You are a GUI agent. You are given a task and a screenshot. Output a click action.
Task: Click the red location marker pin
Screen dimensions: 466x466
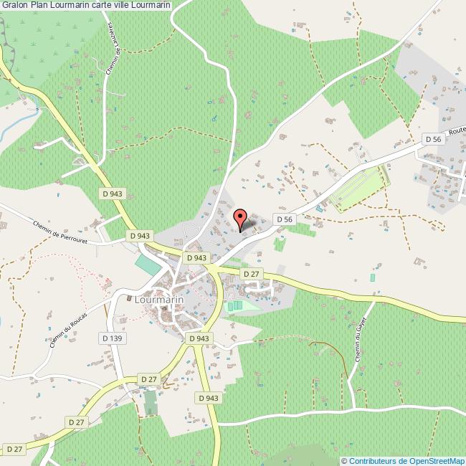coord(241,217)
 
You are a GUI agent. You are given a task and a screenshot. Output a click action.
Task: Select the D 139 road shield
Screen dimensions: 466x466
coord(114,338)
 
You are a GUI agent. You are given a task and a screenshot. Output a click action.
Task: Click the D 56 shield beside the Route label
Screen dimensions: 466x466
coord(432,139)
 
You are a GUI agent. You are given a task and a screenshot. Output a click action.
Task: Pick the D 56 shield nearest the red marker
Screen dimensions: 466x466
coord(285,219)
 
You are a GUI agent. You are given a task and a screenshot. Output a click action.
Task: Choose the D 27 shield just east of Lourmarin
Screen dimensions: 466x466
coord(251,274)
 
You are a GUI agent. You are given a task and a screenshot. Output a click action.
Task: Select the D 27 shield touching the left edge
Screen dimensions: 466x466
coord(12,449)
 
